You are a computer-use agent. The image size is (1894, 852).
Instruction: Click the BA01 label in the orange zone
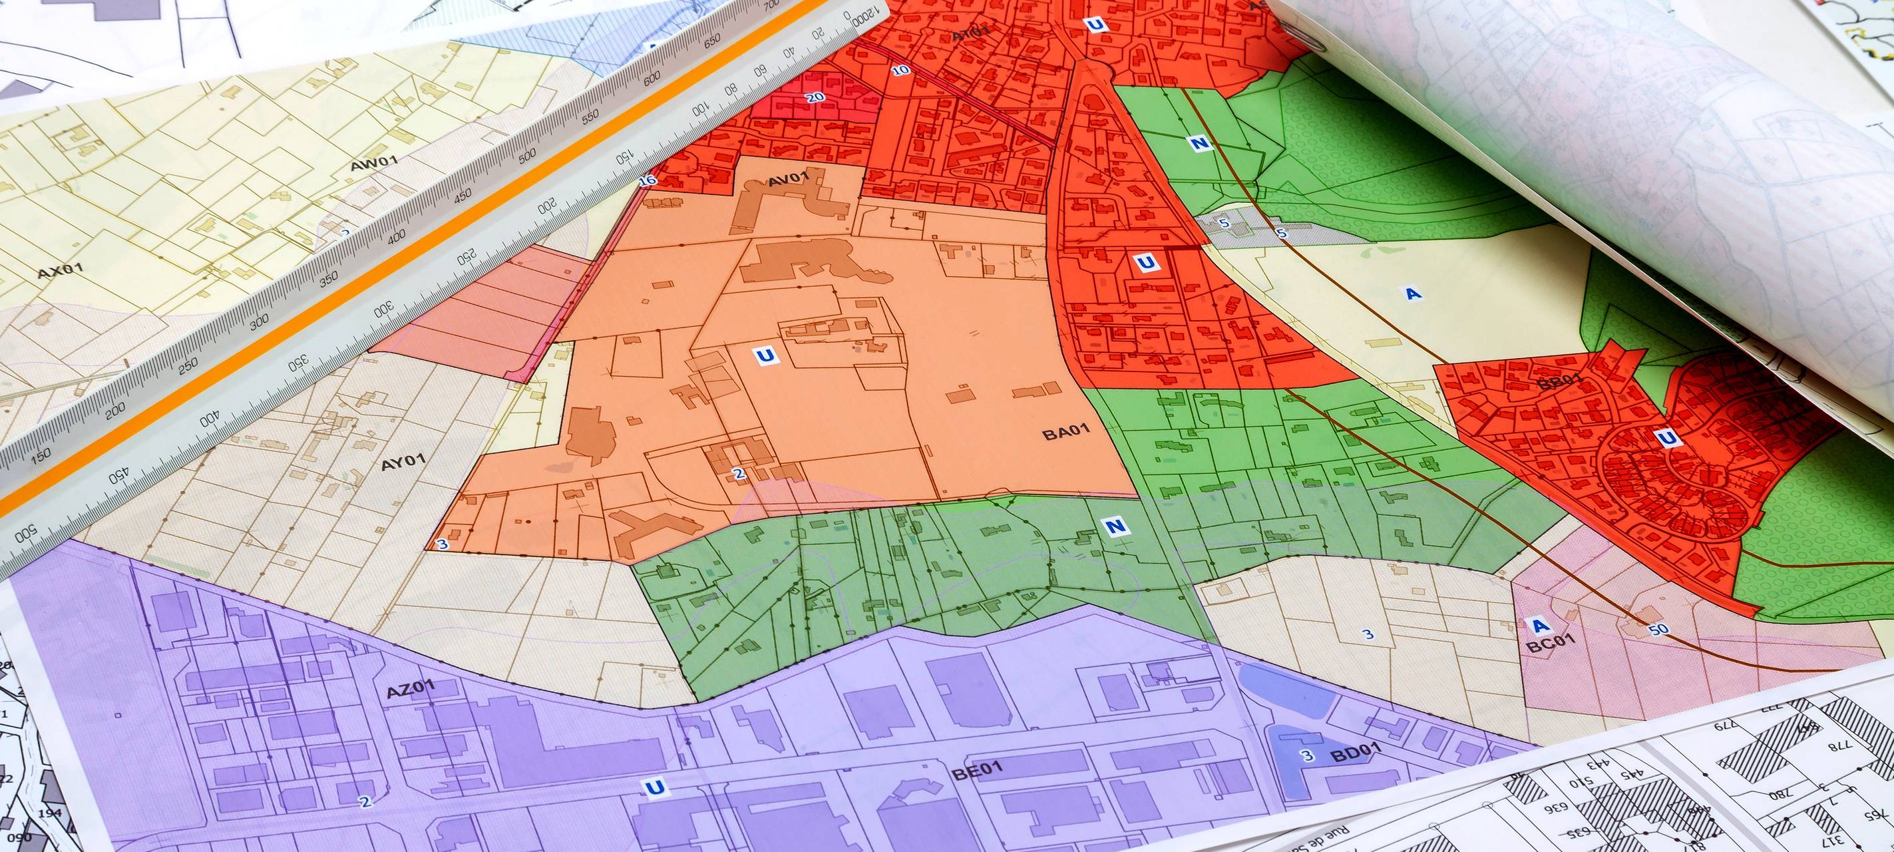(x=1065, y=432)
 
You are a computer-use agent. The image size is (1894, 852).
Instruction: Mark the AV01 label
(x=788, y=178)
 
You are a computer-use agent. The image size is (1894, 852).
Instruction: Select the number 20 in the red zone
(x=815, y=97)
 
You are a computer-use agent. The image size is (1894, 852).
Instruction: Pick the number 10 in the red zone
(x=900, y=71)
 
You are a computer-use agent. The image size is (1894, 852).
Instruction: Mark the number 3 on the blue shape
(x=1306, y=755)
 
